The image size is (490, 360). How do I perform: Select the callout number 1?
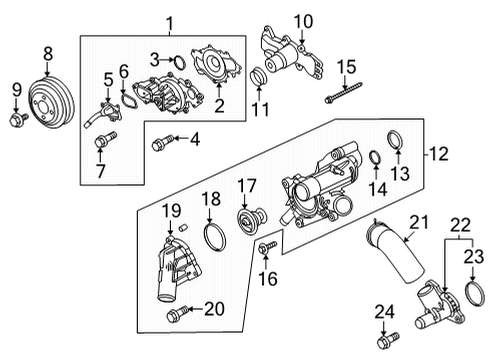(x=169, y=21)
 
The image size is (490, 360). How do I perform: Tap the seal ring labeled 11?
(x=258, y=78)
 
